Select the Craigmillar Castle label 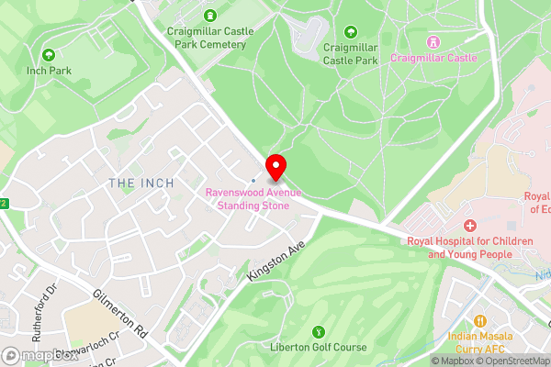(x=433, y=58)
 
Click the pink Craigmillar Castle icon (x=433, y=42)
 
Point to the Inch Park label (x=49, y=71)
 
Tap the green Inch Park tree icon (x=49, y=55)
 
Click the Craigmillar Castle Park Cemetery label (x=210, y=37)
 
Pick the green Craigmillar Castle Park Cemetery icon (x=210, y=15)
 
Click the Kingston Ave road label (x=275, y=262)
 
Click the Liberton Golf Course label (x=319, y=347)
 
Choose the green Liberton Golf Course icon (x=319, y=331)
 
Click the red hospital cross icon (x=470, y=226)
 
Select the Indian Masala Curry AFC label (x=483, y=343)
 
